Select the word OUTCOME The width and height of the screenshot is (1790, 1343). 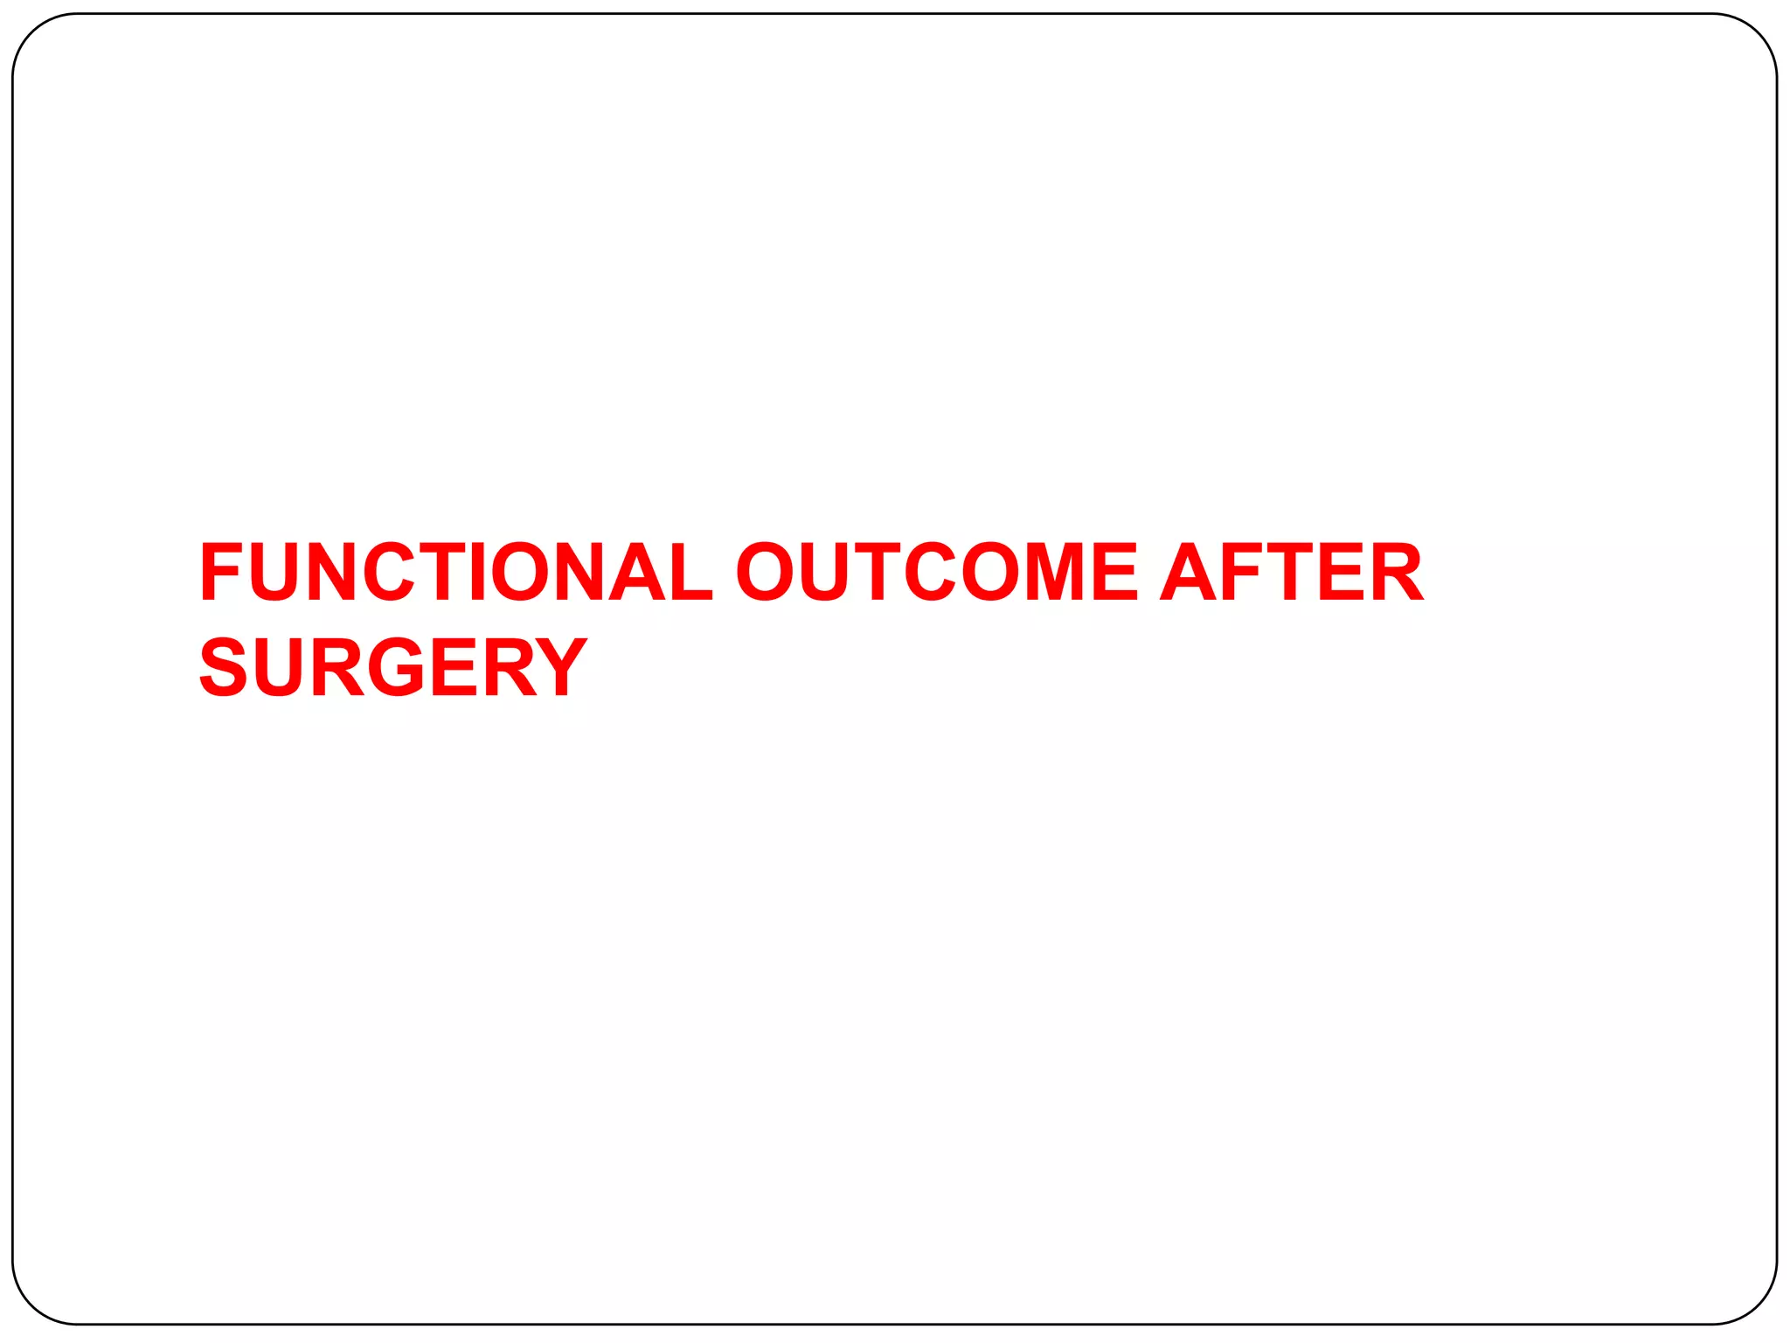point(936,572)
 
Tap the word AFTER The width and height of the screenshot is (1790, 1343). point(1292,572)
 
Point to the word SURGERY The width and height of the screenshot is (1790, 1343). point(393,667)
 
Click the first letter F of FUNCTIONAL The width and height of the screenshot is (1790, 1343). point(220,572)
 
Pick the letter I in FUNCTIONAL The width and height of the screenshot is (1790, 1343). point(477,572)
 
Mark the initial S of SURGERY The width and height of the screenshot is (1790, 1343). point(224,667)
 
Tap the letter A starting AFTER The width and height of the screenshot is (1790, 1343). point(1190,572)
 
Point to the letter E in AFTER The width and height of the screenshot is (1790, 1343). point(1341,572)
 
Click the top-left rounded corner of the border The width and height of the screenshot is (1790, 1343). point(32,34)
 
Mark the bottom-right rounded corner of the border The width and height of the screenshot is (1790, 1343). point(1757,1305)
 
